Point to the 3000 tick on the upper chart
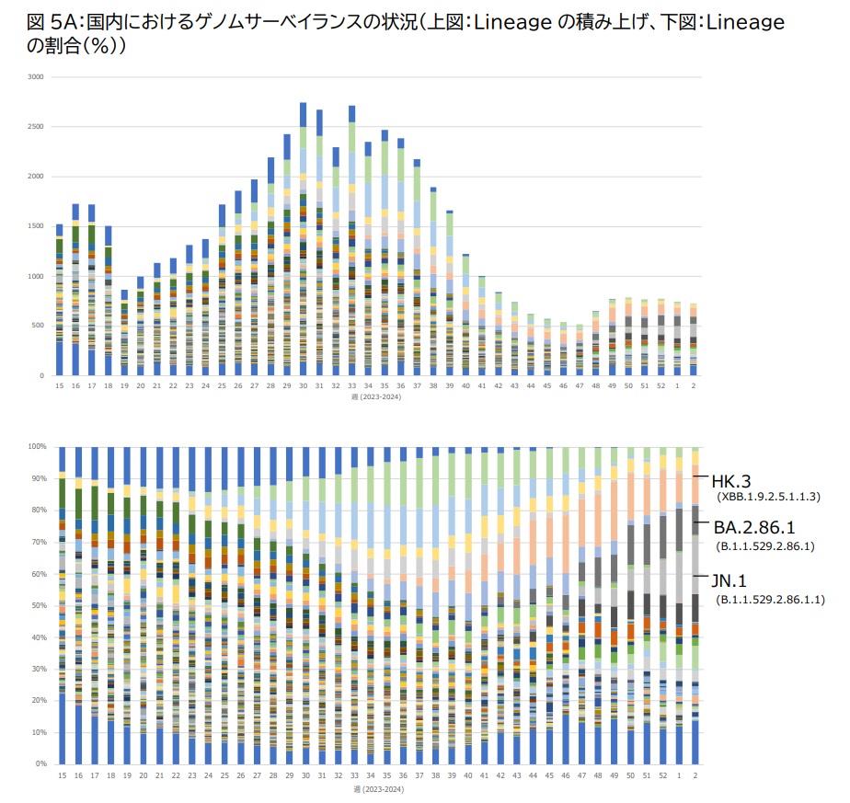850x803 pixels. point(36,76)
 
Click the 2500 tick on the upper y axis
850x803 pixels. point(36,126)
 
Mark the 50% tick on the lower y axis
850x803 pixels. point(37,605)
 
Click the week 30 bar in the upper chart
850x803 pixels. point(304,239)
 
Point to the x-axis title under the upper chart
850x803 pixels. point(377,396)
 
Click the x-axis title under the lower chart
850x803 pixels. point(377,789)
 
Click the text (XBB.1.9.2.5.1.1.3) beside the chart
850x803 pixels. point(768,497)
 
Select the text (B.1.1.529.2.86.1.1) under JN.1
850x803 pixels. point(770,600)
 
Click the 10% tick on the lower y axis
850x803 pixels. point(37,732)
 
